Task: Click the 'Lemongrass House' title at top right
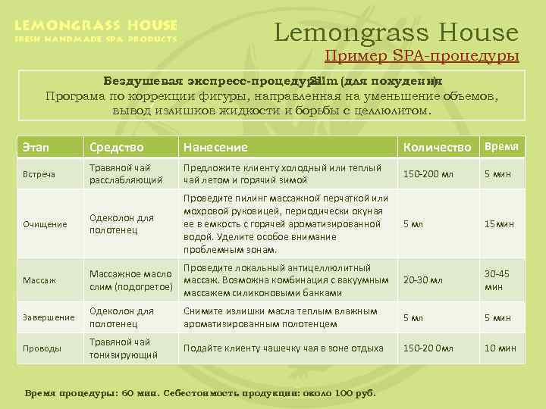(396, 32)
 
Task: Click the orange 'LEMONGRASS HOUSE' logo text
(96, 25)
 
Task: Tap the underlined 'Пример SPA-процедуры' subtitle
(422, 56)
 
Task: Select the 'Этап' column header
(36, 147)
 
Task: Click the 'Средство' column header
(116, 147)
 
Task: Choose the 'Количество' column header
(438, 147)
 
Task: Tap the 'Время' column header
(501, 146)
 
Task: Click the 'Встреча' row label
(39, 174)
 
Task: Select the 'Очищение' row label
(44, 224)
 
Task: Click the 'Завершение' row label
(48, 317)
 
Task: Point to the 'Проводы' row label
(42, 348)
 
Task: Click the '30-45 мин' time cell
(497, 280)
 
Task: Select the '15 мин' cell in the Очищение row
(500, 224)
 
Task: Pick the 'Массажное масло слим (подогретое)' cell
(130, 279)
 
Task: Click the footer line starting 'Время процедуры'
(201, 394)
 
